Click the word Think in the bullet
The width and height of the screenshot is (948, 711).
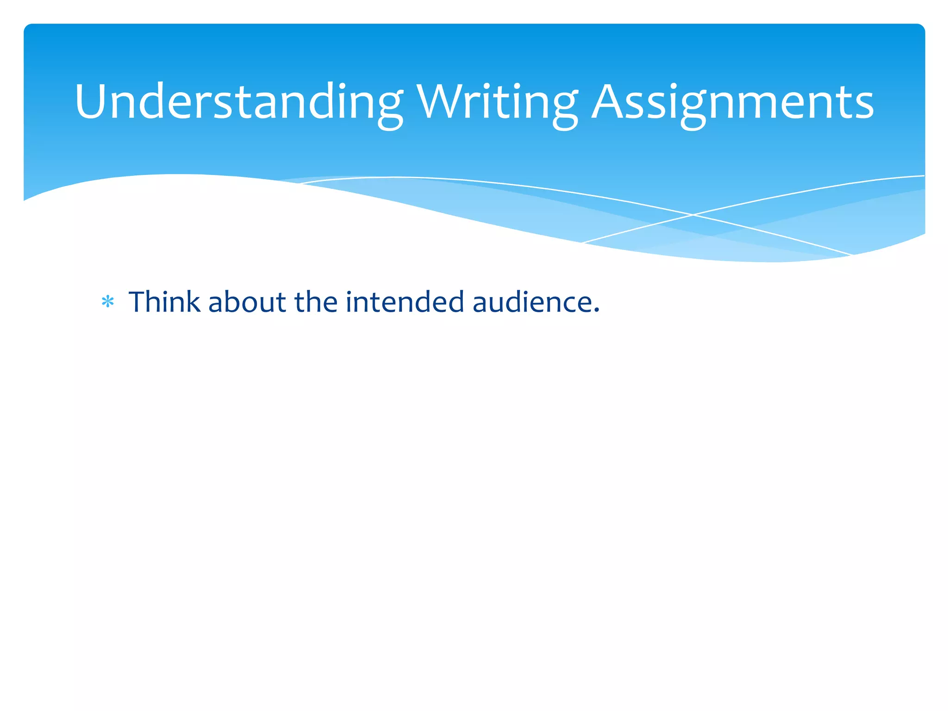click(x=164, y=302)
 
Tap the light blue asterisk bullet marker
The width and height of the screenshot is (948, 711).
click(x=108, y=302)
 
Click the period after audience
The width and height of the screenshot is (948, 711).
click(x=596, y=311)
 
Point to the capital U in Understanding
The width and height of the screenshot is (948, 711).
click(x=91, y=102)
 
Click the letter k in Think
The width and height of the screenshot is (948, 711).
click(x=193, y=302)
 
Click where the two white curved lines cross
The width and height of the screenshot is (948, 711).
click(x=693, y=215)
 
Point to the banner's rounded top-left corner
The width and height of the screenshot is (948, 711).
click(x=27, y=27)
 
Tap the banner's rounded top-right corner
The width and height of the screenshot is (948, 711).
click(x=921, y=27)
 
